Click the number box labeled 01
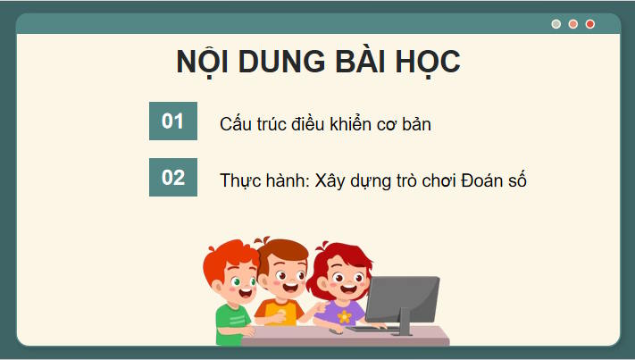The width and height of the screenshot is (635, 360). coord(172,121)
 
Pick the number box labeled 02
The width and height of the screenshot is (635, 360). coord(172,177)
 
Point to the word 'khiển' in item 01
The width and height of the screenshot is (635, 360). coord(337,124)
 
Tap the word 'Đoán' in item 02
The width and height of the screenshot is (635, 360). coord(483,180)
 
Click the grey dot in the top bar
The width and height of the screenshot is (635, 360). coord(556,24)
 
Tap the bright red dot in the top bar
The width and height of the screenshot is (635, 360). coord(589,24)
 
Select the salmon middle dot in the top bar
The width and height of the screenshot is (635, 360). coord(573,24)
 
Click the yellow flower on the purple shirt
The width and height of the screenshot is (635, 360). coord(344,316)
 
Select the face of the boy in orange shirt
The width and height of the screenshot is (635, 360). coord(285,279)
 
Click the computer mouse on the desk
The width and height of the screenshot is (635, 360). coord(335,331)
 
